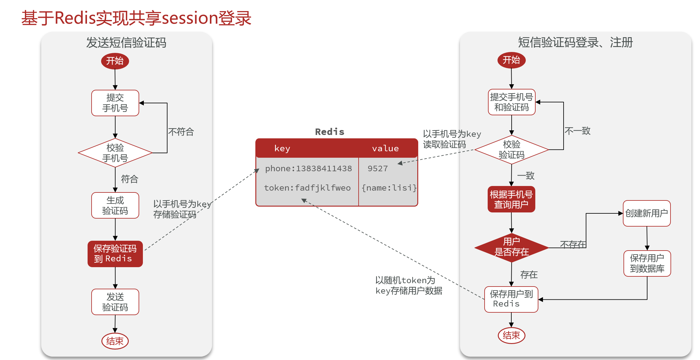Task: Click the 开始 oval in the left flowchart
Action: [x=115, y=61]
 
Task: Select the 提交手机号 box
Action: [x=115, y=103]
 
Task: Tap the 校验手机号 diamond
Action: [x=115, y=153]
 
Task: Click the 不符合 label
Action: [x=181, y=132]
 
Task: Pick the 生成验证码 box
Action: [x=115, y=205]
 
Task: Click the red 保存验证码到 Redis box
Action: [x=115, y=254]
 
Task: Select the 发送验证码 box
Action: [x=115, y=302]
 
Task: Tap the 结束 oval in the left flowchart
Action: [x=115, y=341]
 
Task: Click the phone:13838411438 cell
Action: [x=308, y=168]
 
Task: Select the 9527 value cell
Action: [x=378, y=168]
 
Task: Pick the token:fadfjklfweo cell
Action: [x=307, y=188]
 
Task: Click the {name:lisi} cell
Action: [x=389, y=188]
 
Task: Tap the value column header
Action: [x=385, y=148]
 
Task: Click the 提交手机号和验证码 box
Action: [x=511, y=102]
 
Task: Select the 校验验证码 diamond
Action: [x=511, y=150]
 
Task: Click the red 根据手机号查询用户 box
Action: [x=511, y=199]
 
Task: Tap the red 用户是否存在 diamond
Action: [x=511, y=247]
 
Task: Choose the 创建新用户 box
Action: [x=647, y=213]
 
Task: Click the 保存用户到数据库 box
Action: [x=647, y=263]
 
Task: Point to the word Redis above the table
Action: [x=330, y=132]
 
